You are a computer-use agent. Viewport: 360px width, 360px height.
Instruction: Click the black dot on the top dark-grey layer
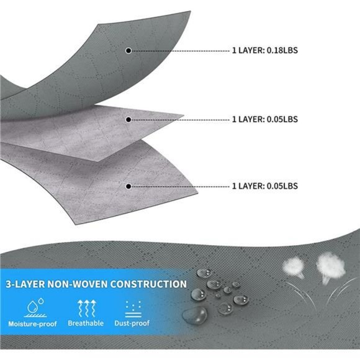128,50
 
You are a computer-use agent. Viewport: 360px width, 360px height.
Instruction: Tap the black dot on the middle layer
128,120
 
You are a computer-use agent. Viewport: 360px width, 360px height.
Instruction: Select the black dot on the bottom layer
128,186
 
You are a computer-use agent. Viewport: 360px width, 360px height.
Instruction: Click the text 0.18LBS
282,50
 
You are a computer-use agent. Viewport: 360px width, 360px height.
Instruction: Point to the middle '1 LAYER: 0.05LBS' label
265,119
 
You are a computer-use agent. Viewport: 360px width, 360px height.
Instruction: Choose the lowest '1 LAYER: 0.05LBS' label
265,186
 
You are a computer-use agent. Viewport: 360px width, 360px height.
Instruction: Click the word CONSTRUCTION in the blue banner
148,284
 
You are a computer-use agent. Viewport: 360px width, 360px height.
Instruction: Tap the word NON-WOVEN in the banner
78,284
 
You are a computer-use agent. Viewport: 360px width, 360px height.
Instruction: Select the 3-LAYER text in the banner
25,284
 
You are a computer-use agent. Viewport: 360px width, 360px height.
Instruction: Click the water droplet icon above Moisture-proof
35,308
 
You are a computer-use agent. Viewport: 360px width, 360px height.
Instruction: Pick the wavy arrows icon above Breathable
86,308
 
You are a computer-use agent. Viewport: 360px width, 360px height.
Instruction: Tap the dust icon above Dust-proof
133,309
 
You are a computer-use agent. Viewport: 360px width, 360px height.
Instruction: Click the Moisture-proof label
32,324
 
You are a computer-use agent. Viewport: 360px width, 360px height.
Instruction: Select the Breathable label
86,323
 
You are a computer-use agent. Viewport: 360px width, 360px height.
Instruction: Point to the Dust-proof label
132,323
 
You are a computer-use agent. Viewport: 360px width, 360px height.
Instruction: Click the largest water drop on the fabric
195,315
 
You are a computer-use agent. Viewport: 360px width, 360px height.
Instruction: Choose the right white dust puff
331,266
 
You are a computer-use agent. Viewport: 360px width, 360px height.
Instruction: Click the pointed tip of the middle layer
184,115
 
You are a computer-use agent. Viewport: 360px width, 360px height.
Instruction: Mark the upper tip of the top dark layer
191,11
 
